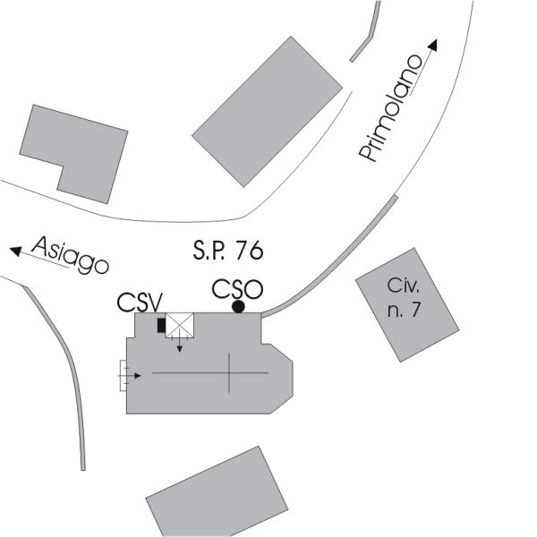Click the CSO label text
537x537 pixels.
236,289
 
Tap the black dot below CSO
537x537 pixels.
238,307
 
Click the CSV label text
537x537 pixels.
139,302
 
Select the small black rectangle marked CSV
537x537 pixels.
161,325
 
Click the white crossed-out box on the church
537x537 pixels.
182,324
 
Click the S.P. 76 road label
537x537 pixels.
227,251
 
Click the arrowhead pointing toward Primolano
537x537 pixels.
434,45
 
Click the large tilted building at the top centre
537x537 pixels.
267,111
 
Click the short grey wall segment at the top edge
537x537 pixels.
366,36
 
